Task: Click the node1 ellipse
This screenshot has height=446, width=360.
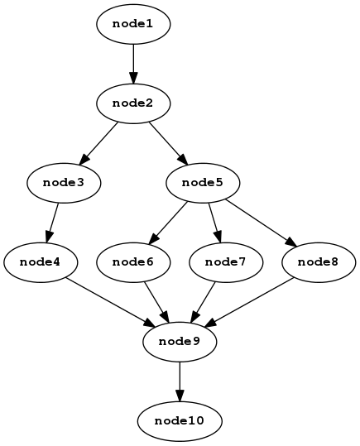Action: click(x=133, y=24)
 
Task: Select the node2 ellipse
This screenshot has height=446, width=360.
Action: click(x=133, y=103)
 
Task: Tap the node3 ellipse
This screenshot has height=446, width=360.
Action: click(x=64, y=183)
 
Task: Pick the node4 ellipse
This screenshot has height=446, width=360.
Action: click(x=41, y=262)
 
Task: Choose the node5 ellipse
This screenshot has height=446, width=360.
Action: click(x=203, y=183)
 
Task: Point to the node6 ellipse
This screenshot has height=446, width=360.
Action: click(x=133, y=262)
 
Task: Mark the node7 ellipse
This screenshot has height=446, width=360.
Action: click(x=226, y=262)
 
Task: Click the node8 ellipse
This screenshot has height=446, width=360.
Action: click(x=319, y=262)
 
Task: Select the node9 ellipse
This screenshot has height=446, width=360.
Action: click(x=180, y=342)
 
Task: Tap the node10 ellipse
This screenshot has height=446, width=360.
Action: click(x=180, y=421)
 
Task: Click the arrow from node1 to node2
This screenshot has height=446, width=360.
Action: click(x=133, y=64)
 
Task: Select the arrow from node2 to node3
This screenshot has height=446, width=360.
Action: click(x=98, y=144)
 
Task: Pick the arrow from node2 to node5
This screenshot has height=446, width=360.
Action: click(x=168, y=144)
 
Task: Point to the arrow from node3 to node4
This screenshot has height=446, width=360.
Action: click(x=52, y=223)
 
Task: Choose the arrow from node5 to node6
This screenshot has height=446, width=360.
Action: click(x=168, y=223)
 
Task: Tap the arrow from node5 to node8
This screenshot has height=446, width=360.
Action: click(x=261, y=223)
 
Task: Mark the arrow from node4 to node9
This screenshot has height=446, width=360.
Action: click(x=110, y=302)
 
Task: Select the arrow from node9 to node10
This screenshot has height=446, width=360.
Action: click(x=180, y=381)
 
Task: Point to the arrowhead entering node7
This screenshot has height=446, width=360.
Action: click(x=218, y=237)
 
